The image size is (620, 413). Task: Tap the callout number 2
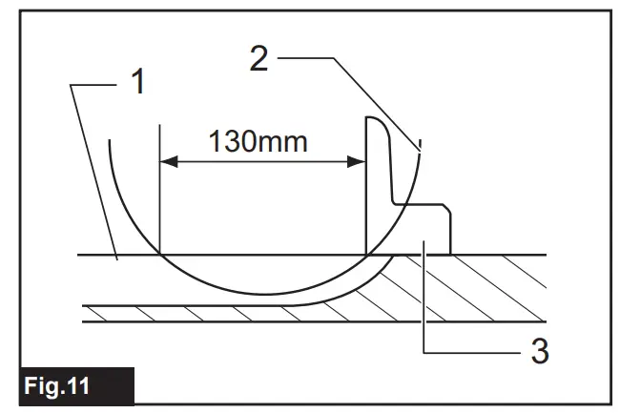(x=259, y=60)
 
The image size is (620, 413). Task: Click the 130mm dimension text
(x=259, y=142)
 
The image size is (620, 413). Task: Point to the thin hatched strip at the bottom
(x=286, y=314)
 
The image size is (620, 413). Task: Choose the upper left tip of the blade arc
(x=110, y=141)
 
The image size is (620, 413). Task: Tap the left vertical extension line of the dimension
(x=159, y=191)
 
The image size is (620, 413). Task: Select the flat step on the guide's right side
(x=424, y=204)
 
